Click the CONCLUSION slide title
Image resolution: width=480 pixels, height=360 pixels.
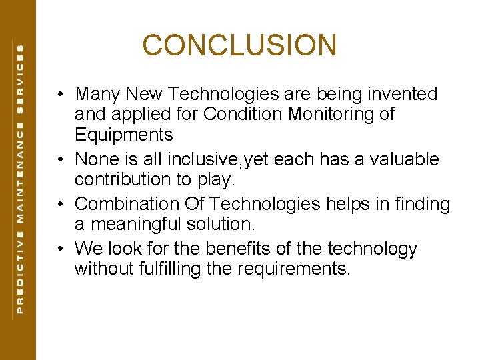pos(239,45)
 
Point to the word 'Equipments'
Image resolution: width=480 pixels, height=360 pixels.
pos(124,135)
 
